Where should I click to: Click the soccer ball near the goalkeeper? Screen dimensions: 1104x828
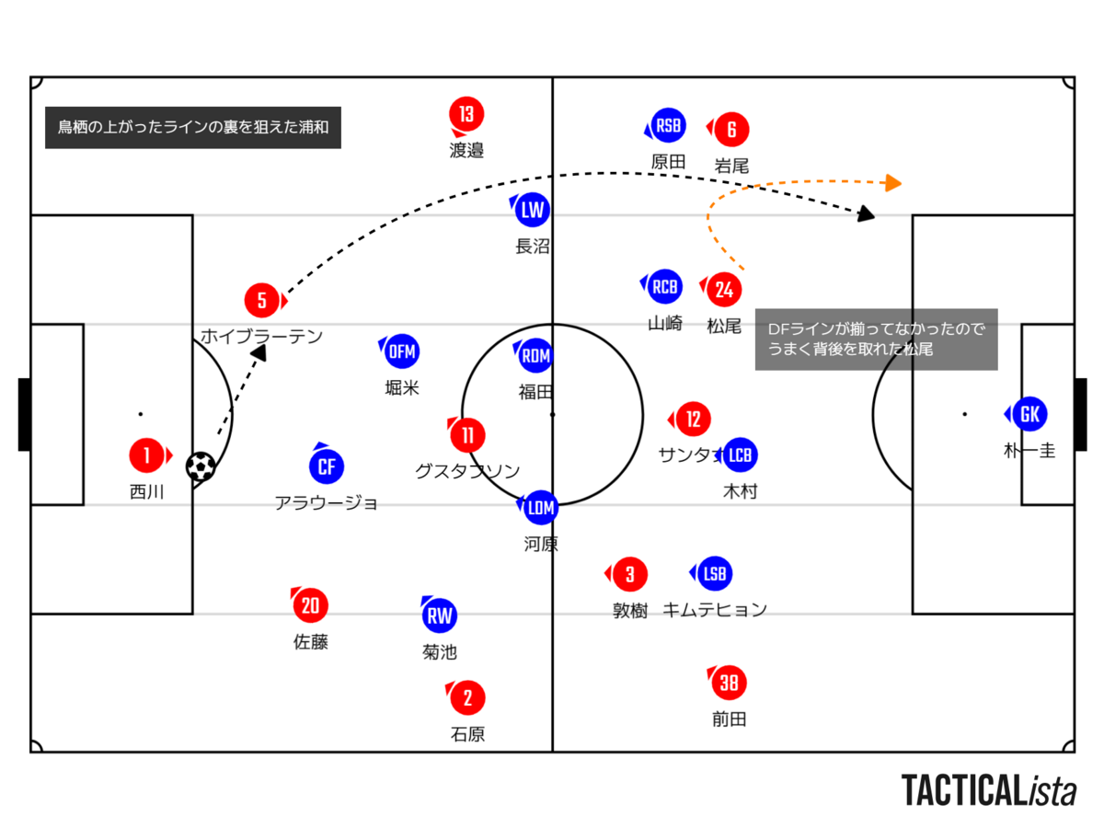201,467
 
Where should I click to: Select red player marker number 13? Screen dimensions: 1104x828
466,114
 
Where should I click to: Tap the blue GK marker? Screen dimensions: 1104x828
1029,414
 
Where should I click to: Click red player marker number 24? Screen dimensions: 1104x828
724,290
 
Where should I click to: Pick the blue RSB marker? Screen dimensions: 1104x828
668,126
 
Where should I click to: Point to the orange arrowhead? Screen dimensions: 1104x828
892,183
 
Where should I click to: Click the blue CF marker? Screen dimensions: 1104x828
327,466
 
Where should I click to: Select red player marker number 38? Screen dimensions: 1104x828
729,683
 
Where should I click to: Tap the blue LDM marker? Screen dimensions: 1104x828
541,508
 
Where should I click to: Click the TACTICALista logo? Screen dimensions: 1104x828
988,791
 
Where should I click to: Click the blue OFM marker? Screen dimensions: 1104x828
401,351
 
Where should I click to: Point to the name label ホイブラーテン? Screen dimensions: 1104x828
261,337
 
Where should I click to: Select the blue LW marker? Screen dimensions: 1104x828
532,210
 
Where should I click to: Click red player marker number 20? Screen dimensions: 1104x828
310,605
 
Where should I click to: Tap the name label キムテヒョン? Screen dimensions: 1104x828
715,610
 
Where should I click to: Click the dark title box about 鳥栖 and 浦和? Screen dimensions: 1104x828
193,127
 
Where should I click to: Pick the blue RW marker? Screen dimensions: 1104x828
439,615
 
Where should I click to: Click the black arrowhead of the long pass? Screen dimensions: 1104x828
866,213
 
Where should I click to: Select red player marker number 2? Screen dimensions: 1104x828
467,697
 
